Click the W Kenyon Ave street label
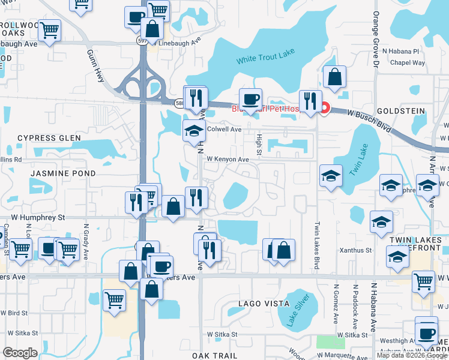pos(228,160)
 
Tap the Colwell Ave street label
pos(224,129)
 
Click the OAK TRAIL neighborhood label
pos(215,355)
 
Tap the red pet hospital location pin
pos(325,109)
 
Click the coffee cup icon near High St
pos(250,98)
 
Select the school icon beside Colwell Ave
pos(194,131)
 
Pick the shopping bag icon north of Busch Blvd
pos(334,76)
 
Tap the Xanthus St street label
pos(356,250)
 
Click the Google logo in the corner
pos(20,353)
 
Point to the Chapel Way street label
pos(408,63)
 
